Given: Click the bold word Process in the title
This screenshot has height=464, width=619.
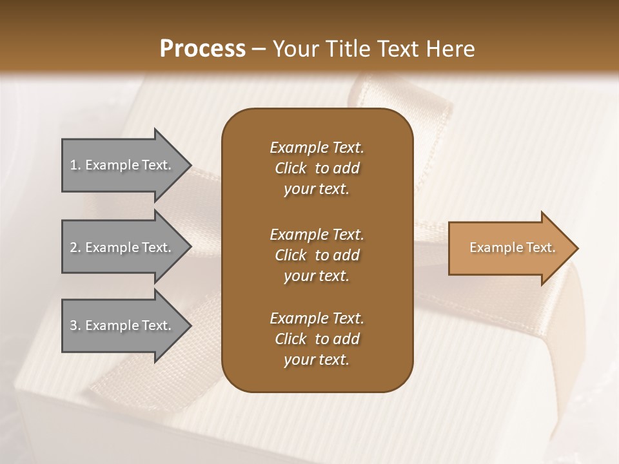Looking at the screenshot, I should click(x=202, y=49).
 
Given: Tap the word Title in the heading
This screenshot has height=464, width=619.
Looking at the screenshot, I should click(x=349, y=49).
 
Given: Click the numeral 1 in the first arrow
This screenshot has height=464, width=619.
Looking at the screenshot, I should click(x=74, y=165).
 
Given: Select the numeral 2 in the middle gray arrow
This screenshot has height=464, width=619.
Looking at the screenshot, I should click(x=74, y=247).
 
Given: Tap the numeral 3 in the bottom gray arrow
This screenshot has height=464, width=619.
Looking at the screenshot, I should click(x=74, y=325).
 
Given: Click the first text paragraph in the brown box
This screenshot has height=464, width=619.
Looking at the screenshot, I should click(x=317, y=168).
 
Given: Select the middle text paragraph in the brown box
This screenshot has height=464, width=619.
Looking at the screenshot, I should click(x=317, y=255).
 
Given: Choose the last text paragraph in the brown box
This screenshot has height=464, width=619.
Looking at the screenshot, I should click(x=317, y=339).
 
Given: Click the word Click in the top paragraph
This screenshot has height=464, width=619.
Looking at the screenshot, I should click(x=290, y=168).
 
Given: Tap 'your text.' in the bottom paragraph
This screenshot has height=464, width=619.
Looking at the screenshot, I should click(x=317, y=360).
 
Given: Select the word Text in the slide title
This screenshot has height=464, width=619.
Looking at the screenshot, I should click(x=400, y=49).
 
